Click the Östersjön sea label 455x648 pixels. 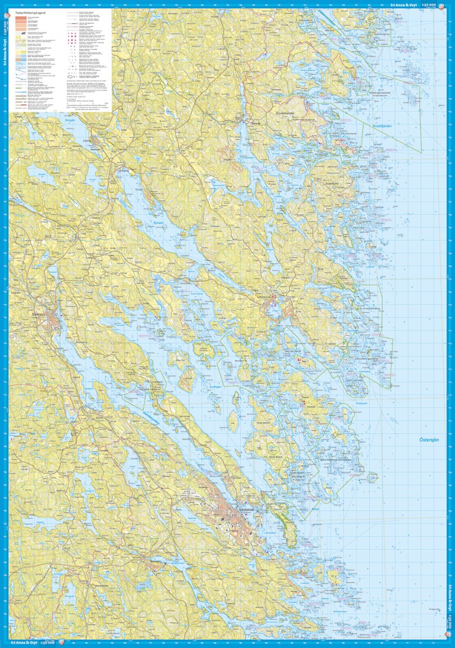pos(430,440)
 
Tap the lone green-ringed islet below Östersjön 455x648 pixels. pos(372,477)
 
